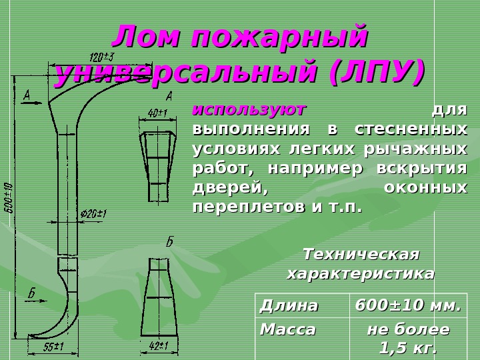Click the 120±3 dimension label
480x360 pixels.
click(x=101, y=55)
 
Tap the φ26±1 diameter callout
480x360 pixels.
click(x=93, y=214)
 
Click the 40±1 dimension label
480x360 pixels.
click(x=157, y=113)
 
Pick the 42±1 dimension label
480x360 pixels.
click(x=157, y=345)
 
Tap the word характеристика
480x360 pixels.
click(x=361, y=273)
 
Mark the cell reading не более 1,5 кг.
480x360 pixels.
click(x=408, y=339)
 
